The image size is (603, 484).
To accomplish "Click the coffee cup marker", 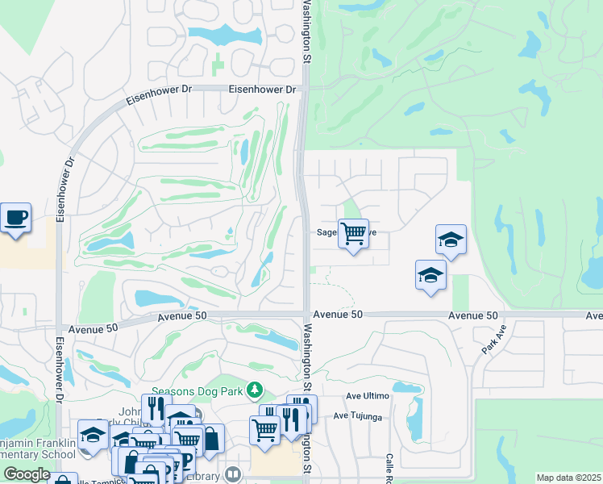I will [15, 217].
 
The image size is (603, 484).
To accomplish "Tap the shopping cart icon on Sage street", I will [353, 234].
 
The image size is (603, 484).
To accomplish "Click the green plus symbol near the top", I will [216, 61].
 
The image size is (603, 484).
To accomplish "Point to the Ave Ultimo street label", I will [368, 396].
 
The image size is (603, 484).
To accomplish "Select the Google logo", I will [27, 474].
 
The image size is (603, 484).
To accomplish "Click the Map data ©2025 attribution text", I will [568, 478].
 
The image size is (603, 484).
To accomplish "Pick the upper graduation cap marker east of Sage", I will [451, 239].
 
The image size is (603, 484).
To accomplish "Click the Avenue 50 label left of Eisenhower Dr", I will [94, 328].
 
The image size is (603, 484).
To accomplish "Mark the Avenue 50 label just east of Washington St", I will [338, 315].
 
